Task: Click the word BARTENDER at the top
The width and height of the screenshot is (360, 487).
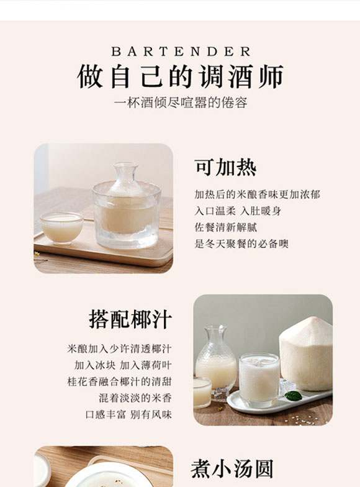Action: click(181, 52)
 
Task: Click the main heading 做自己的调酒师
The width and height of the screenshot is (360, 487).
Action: click(180, 77)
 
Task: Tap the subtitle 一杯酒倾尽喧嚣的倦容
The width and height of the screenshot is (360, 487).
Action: click(180, 103)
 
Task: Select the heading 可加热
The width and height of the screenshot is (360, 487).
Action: click(225, 167)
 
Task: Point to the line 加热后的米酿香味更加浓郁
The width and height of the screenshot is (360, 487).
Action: click(257, 194)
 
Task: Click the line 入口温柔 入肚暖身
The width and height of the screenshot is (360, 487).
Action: click(238, 211)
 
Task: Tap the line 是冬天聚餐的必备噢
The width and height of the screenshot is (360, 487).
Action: click(241, 243)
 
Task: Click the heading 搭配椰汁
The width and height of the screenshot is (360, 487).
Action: click(130, 319)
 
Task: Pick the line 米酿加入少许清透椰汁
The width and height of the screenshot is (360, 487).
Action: click(119, 348)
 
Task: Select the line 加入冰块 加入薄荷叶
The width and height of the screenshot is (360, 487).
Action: click(123, 365)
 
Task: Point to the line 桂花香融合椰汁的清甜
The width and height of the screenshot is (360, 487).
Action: click(119, 381)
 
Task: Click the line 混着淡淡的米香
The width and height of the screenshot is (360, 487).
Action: click(135, 397)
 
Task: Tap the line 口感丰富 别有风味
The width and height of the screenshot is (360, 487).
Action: click(128, 413)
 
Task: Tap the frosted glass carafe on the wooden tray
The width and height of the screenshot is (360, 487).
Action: click(122, 208)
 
